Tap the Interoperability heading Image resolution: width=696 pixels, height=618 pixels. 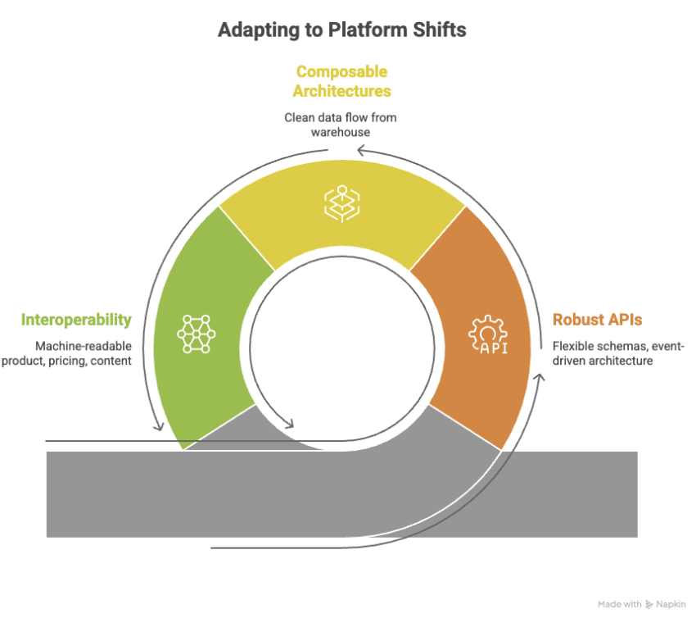click(x=76, y=320)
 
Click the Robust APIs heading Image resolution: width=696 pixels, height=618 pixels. click(x=597, y=320)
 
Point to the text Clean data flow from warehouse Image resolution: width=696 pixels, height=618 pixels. click(x=341, y=125)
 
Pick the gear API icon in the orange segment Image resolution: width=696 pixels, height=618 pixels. click(x=488, y=335)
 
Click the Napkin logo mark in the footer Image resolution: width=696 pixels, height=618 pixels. click(x=650, y=604)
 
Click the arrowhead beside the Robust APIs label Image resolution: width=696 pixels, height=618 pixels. click(x=540, y=376)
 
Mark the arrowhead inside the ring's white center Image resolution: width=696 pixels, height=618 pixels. click(x=288, y=425)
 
